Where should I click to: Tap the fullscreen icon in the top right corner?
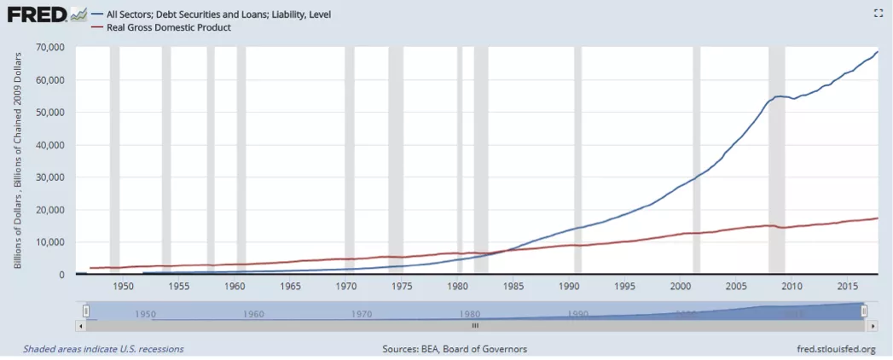(x=879, y=13)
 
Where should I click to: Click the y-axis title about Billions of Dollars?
(x=18, y=161)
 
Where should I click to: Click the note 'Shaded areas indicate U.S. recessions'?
(x=103, y=349)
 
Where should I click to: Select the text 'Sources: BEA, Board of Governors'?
(x=455, y=349)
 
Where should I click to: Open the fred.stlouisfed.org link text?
(x=834, y=349)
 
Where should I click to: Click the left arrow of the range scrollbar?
(x=81, y=325)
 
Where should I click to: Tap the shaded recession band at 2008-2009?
(x=776, y=162)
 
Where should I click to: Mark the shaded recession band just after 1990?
(x=577, y=162)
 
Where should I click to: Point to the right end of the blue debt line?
(x=877, y=52)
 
